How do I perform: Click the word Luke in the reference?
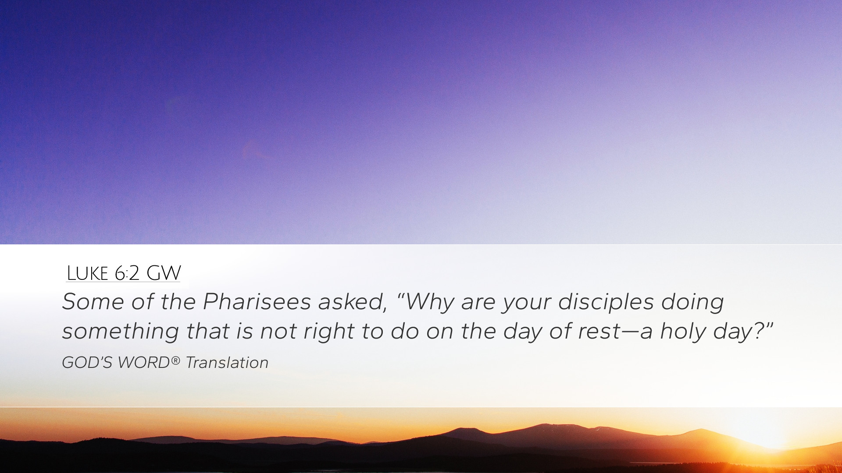tap(87, 273)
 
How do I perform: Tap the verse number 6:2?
tap(127, 273)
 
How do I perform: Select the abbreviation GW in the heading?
tap(163, 273)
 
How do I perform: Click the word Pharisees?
tap(257, 301)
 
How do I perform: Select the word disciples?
tap(606, 302)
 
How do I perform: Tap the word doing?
tap(692, 302)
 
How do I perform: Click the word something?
tap(121, 332)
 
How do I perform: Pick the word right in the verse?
tap(329, 332)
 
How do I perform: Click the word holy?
tap(683, 332)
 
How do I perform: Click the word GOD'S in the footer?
tap(88, 363)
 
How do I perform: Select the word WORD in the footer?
tap(143, 363)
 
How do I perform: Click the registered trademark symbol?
tap(175, 360)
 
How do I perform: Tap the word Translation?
tap(227, 363)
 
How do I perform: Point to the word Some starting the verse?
tap(93, 301)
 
